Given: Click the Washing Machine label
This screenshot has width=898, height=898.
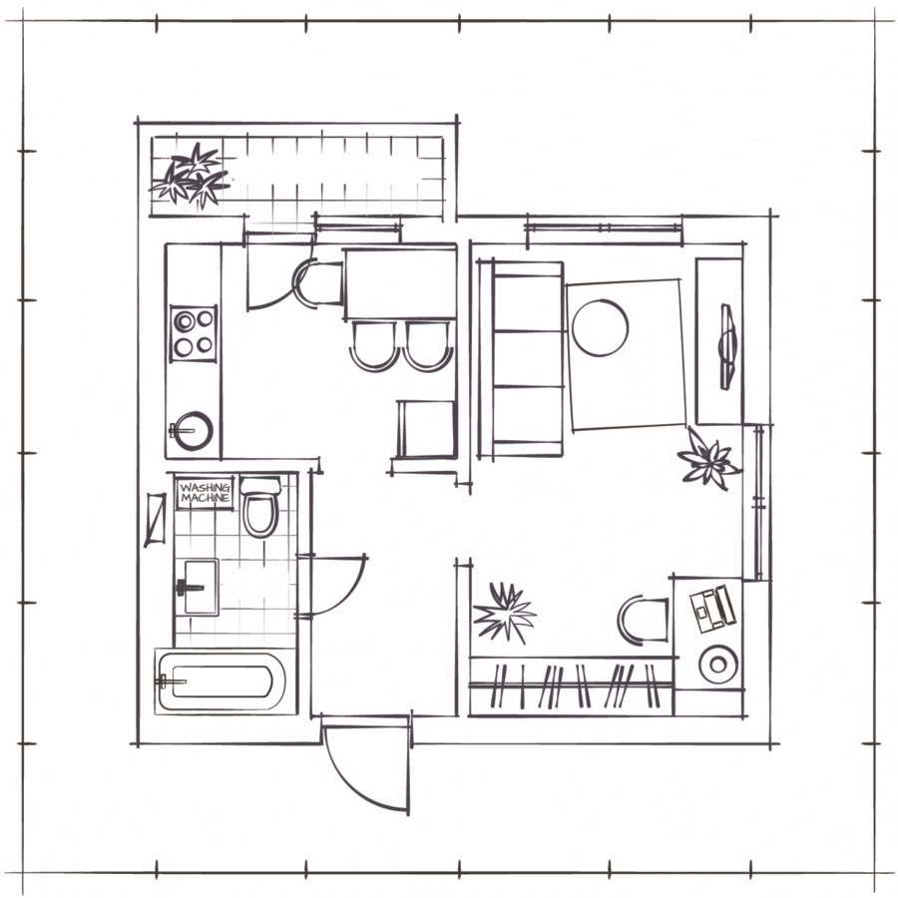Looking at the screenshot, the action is tap(205, 493).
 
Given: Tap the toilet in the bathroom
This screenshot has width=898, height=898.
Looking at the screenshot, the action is tap(260, 507).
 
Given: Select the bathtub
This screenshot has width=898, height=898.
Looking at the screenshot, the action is tap(223, 680).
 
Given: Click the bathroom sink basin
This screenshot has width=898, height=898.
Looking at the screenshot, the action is tap(197, 587).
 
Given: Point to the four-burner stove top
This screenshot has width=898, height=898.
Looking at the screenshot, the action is tap(194, 333).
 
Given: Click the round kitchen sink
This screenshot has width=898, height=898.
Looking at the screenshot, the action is tap(193, 431).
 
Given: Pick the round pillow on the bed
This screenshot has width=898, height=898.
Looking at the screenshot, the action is tap(601, 327).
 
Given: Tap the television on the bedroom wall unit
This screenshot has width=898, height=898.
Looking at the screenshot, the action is tap(727, 347).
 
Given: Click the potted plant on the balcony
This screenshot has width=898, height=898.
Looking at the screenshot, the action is tap(191, 176).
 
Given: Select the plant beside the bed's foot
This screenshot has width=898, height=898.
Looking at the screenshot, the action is tap(707, 459).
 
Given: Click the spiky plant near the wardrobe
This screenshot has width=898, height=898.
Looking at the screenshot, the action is tap(504, 613).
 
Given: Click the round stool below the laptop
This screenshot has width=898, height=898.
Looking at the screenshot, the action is tap(718, 665).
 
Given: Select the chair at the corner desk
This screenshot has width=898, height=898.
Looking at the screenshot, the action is tap(643, 621).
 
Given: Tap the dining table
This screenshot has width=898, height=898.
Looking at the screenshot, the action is tap(400, 284).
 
